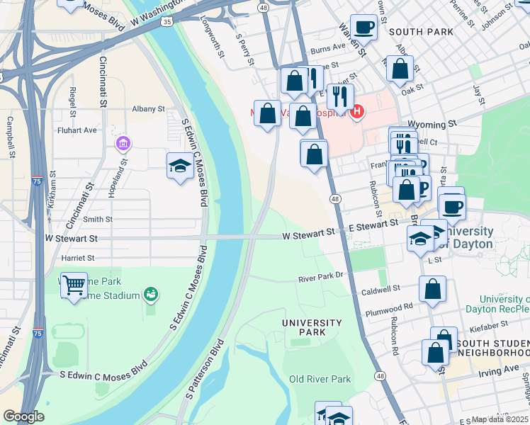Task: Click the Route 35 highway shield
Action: tap(167, 22)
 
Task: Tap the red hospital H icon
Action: tap(358, 111)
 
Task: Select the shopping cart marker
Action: tap(74, 286)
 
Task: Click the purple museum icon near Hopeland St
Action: tap(123, 144)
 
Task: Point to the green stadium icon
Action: tap(150, 293)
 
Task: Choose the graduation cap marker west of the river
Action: tap(180, 166)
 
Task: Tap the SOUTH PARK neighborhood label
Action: tap(421, 32)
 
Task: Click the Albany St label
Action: tap(148, 110)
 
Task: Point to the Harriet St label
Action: tap(78, 258)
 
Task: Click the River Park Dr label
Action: tap(320, 278)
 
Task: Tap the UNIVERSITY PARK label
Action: tap(312, 327)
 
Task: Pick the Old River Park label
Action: tap(320, 379)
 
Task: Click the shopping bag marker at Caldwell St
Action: tap(432, 290)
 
